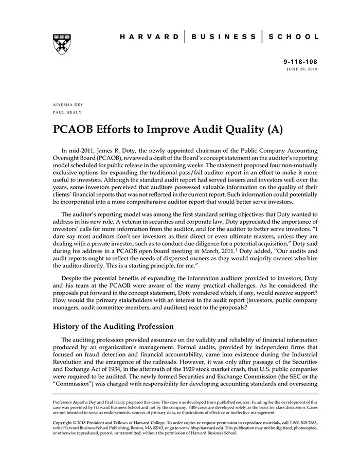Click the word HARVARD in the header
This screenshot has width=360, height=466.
(x=149, y=37)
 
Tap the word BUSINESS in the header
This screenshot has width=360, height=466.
(x=224, y=37)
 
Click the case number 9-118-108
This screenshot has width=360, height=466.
(x=301, y=61)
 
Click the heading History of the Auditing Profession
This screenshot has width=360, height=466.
(x=113, y=326)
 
